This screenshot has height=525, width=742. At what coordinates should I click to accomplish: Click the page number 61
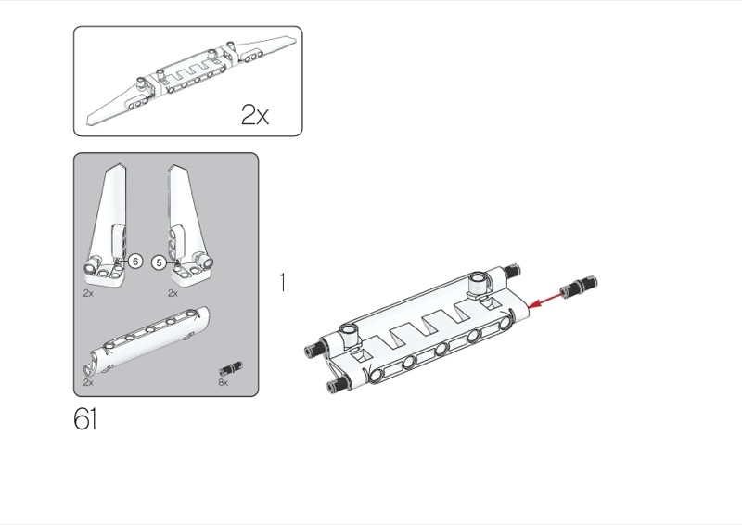85,419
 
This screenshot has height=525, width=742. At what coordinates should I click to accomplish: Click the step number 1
283,283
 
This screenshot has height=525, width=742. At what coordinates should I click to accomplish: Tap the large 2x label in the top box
254,115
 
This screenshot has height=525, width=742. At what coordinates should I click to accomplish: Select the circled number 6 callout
135,261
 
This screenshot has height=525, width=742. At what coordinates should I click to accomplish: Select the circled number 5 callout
159,262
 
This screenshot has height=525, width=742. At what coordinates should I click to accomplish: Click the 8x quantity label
223,382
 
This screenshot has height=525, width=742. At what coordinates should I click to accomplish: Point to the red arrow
546,301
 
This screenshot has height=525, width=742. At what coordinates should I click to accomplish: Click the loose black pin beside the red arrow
578,287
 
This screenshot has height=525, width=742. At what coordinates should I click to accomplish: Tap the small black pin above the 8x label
231,368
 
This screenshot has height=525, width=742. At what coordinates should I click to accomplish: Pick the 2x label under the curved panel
88,382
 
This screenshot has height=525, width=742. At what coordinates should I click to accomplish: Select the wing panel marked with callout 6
108,226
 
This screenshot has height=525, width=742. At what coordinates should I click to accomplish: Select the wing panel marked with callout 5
189,227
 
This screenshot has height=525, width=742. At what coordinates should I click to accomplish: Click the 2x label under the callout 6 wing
88,293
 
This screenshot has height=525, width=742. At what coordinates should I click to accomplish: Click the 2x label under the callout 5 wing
173,293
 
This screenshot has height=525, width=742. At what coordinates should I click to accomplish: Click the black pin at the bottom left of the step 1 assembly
335,384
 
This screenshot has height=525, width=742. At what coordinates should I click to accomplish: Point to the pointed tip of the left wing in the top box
87,123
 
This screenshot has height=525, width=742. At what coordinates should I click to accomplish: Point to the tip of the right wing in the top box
296,40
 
